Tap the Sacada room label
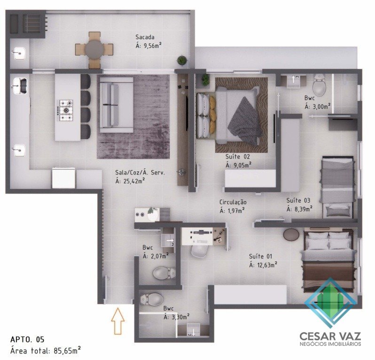145,37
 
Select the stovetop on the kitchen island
65,110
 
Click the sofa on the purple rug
116,105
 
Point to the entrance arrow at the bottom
117,321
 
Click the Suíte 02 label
238,157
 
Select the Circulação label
233,202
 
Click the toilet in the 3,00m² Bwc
319,85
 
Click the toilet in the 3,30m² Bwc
151,299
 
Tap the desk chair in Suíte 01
200,251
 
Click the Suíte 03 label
298,200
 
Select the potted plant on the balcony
182,60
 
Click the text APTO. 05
27,339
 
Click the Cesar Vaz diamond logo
331,303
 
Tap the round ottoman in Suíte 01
291,234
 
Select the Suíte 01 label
261,257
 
